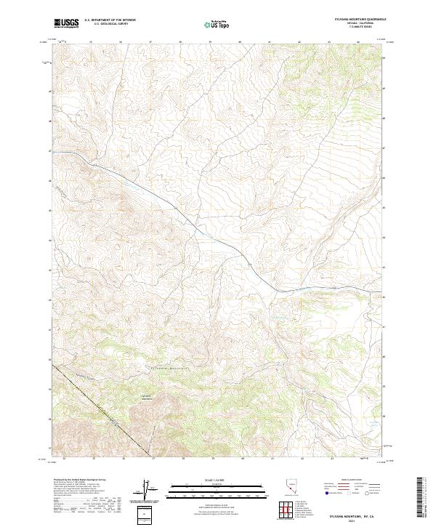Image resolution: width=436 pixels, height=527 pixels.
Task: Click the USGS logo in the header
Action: pos(66,23)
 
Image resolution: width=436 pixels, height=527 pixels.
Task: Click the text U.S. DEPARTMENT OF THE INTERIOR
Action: pos(110,20)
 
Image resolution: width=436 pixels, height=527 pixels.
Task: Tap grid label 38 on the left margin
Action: pos(50,419)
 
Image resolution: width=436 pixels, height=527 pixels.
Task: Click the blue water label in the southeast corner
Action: pos(373,421)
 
